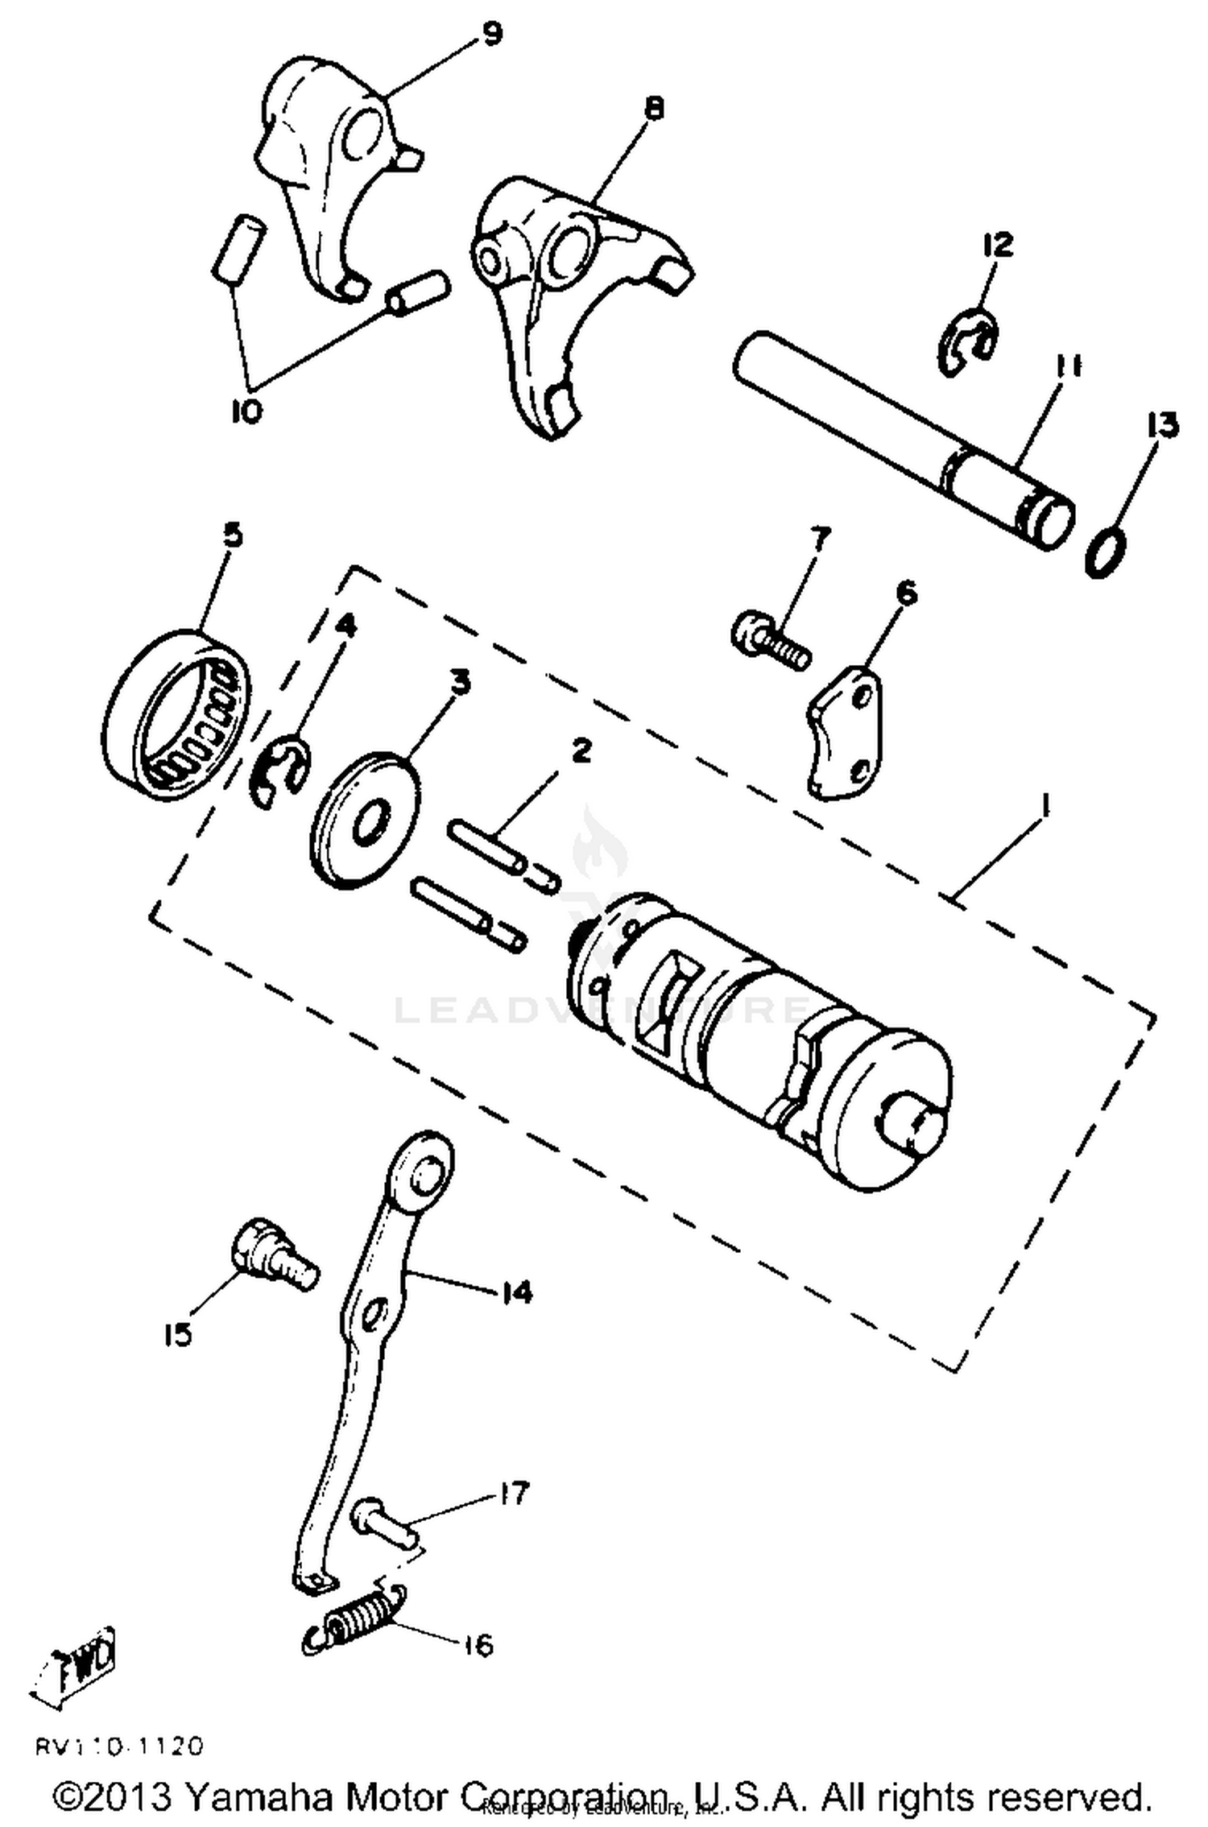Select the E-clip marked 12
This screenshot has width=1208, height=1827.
pos(966,343)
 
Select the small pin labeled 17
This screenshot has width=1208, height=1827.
pos(383,1520)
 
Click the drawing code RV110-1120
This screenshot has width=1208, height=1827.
pos(119,1746)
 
